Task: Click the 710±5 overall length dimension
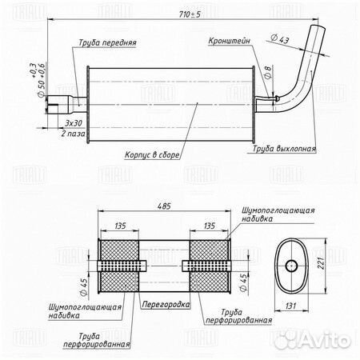(190, 14)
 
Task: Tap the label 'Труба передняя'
(107, 42)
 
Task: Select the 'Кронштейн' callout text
(230, 41)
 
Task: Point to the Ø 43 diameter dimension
(280, 39)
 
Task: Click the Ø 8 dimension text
(268, 72)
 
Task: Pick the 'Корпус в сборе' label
(152, 155)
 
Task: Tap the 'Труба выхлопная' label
(284, 149)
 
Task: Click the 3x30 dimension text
(74, 123)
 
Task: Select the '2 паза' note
(73, 134)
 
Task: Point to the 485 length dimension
(164, 206)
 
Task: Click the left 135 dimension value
(120, 226)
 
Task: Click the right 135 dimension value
(210, 226)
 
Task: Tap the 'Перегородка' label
(166, 304)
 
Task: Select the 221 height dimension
(321, 262)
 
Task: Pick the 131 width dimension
(290, 306)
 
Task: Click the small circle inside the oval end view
(291, 266)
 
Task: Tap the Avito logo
(313, 340)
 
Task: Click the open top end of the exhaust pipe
(318, 27)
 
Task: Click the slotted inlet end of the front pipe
(53, 105)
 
